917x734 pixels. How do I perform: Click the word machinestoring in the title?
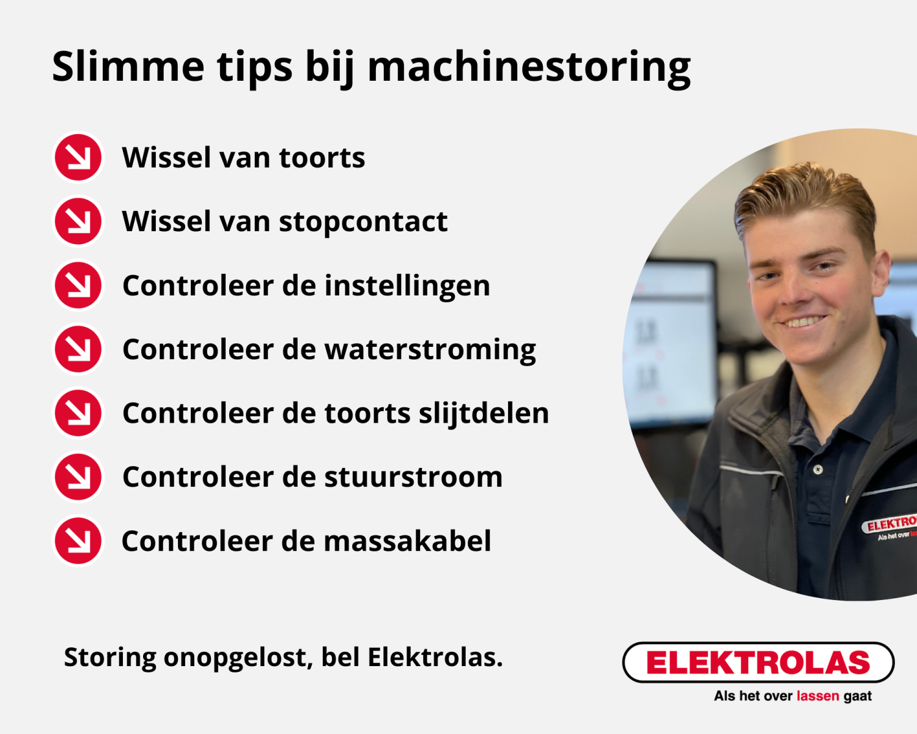529,69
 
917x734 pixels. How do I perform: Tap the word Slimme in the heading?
128,65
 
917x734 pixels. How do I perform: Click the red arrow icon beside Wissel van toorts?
78,157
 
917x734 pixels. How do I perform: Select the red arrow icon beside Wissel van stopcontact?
78,221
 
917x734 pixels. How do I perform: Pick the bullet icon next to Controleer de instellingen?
78,285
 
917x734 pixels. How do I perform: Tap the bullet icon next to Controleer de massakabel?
78,541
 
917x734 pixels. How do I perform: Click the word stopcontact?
364,222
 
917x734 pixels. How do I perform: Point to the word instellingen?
407,286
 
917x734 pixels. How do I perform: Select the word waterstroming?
430,350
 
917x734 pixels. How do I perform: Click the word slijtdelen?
484,413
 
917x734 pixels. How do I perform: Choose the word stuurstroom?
413,477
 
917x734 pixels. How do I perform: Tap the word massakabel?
407,541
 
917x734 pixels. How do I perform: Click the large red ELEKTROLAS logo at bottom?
758,662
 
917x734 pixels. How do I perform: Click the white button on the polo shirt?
818,470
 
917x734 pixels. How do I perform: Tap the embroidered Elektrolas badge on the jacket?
889,527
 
